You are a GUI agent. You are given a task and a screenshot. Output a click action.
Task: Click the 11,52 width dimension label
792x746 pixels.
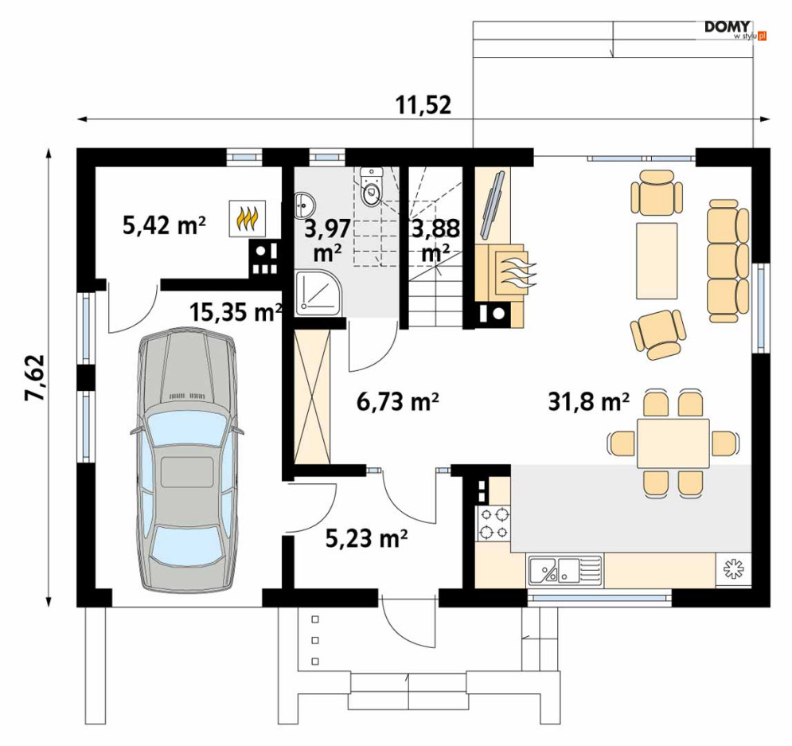423,105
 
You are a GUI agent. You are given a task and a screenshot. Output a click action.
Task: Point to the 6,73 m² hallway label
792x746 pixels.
397,401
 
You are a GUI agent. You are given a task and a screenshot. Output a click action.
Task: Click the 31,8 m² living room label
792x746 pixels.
589,401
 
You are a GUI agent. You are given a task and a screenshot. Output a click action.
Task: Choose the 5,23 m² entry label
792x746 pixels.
367,538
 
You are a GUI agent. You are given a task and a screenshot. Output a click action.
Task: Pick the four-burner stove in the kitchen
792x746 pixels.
494,524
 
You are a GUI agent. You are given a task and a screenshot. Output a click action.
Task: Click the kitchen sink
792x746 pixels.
565,569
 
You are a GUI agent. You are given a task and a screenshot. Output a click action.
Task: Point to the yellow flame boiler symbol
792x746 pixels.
248,218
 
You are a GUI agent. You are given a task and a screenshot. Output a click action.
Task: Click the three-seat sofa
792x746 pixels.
728,260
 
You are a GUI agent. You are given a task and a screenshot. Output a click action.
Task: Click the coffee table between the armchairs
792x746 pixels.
656,260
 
